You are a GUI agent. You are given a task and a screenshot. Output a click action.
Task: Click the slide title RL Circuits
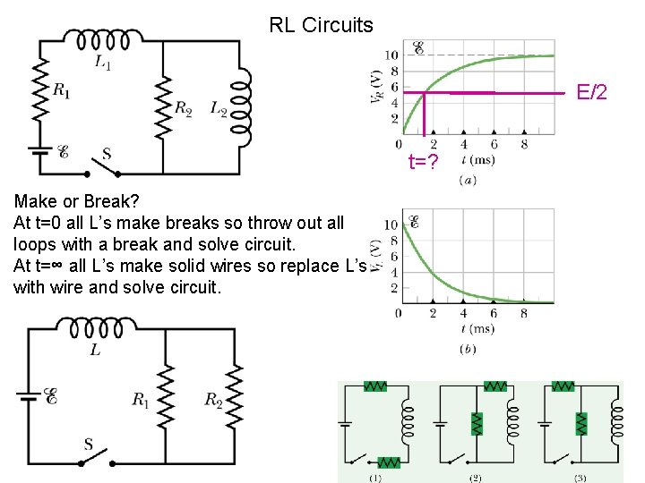point(321,25)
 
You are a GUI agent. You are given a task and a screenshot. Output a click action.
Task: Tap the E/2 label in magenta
point(592,91)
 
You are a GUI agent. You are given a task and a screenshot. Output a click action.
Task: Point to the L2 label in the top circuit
point(219,108)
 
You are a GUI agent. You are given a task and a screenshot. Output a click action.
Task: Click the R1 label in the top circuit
point(62,89)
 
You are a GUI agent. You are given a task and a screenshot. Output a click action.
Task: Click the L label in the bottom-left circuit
point(95,350)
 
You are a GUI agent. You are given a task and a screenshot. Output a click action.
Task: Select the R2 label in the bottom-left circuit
point(212,399)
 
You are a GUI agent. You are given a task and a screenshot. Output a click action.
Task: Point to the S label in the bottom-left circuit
point(89,444)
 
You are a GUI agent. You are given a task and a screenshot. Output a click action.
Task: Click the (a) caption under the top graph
point(467,180)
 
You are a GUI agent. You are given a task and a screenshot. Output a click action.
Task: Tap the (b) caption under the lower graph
point(467,349)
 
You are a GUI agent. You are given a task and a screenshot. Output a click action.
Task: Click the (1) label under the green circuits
point(374,478)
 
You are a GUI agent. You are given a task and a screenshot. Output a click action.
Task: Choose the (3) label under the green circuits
point(580,478)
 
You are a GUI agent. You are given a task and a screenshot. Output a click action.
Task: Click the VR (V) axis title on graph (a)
point(377,88)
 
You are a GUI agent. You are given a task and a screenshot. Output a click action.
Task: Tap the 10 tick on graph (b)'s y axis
point(391,224)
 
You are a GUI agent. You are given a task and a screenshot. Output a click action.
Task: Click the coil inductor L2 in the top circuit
point(241,109)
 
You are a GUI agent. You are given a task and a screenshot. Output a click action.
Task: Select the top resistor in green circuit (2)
point(494,386)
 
